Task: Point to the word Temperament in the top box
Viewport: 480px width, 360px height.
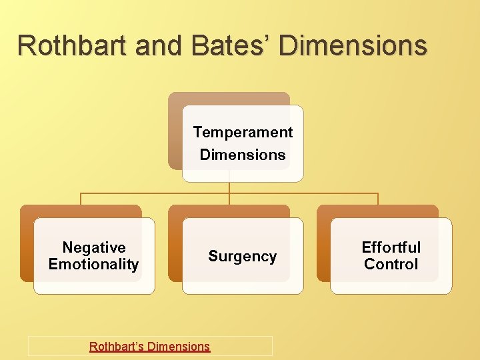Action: tap(243, 132)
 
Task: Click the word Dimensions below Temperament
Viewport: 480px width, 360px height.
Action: tap(243, 155)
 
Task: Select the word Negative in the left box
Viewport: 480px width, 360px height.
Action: tap(94, 247)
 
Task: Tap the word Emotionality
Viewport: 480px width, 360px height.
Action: tap(94, 264)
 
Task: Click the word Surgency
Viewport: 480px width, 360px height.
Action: tap(242, 256)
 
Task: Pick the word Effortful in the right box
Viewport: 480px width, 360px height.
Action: tap(391, 247)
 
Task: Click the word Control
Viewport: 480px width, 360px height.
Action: tap(391, 264)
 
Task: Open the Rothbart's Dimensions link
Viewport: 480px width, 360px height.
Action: tap(150, 347)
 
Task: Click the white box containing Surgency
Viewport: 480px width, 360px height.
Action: tap(242, 280)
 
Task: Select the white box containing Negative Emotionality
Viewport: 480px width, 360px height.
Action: tap(94, 283)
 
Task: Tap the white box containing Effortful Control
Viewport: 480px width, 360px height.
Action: tap(391, 283)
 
